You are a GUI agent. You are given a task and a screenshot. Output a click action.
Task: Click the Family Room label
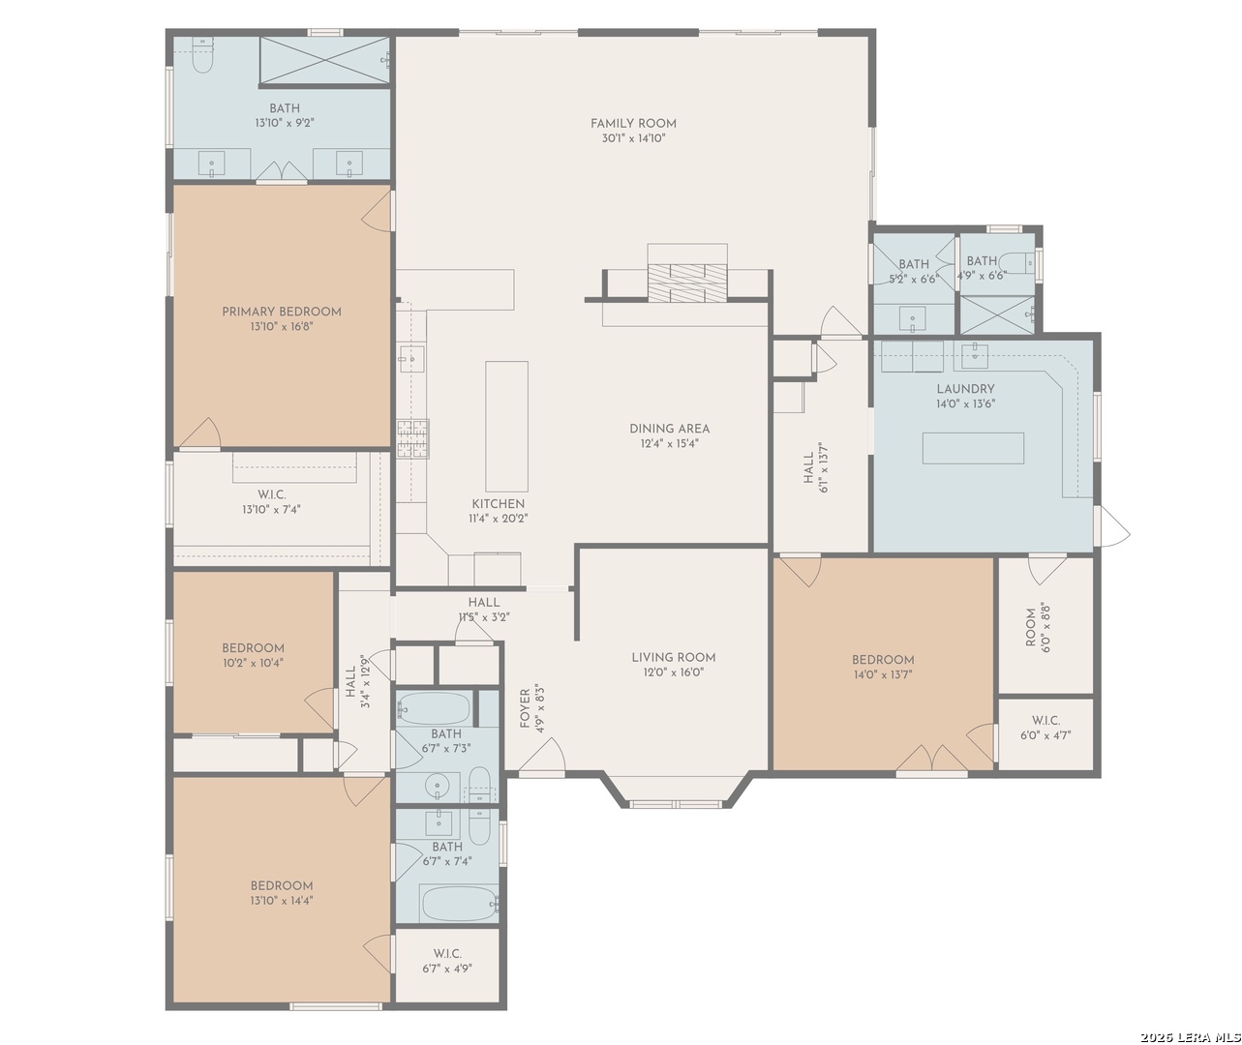[633, 124]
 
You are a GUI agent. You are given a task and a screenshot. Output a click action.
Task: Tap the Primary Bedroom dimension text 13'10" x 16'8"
[282, 326]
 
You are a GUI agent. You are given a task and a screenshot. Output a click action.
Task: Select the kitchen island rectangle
[506, 427]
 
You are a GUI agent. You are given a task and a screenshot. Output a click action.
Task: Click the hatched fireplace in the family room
[687, 284]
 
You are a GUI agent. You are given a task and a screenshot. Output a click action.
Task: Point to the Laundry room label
[965, 389]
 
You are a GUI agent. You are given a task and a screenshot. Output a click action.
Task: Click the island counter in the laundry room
[973, 448]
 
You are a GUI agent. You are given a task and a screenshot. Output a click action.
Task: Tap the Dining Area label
[669, 429]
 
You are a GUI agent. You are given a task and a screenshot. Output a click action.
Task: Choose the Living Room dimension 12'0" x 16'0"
[674, 672]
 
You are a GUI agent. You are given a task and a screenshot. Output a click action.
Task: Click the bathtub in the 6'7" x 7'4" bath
[459, 903]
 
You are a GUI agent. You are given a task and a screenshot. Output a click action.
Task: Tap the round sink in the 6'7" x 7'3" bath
[439, 787]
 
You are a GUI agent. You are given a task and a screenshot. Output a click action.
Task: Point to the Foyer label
[525, 708]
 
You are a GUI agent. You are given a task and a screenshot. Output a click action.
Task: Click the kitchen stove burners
[412, 439]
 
